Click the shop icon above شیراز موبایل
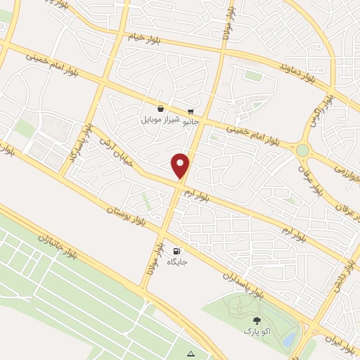161,109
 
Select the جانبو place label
189,122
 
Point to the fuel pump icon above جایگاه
176,251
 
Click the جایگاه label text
176,262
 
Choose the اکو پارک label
252,330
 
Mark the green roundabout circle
302,150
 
